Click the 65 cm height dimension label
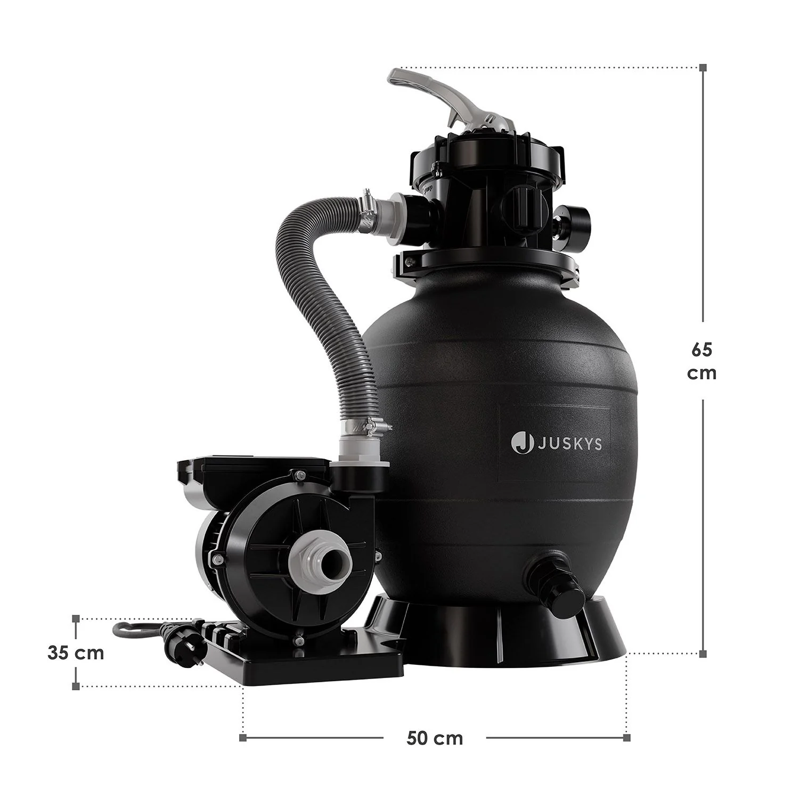tap(702, 361)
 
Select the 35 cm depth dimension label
tap(76, 653)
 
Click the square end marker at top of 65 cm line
tap(703, 68)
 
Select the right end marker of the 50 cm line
tap(627, 738)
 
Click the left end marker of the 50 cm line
tap(243, 738)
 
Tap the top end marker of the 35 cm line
tap(76, 619)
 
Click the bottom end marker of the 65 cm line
tap(703, 653)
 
